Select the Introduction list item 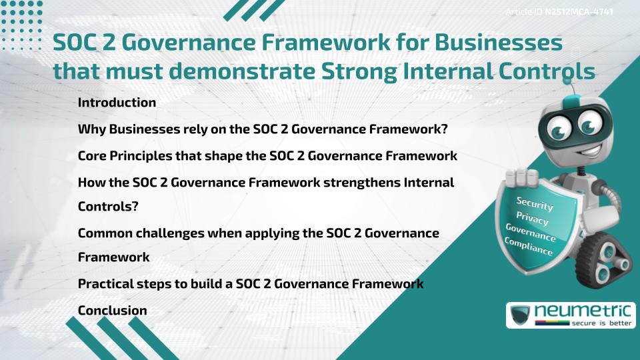117,103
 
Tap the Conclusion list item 112,311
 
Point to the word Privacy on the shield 532,218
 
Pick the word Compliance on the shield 529,247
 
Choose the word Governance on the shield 531,233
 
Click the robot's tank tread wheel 609,263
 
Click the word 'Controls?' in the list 108,206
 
